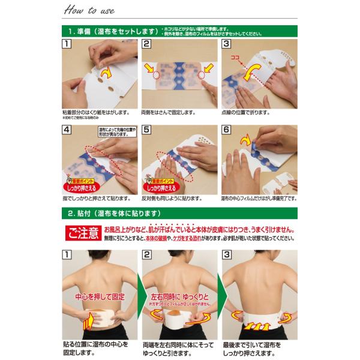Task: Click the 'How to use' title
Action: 88,10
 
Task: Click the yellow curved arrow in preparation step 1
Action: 107,73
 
